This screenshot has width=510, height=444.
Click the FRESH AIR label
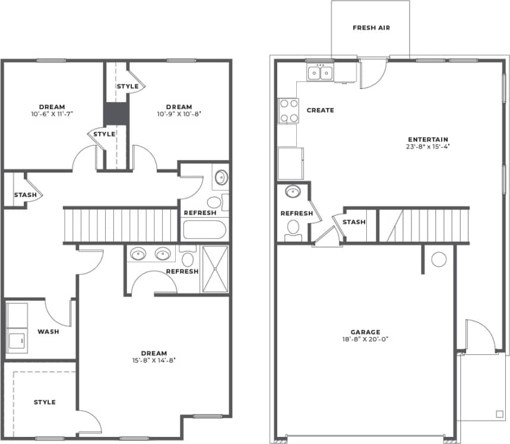(371, 28)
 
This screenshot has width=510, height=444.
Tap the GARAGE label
(365, 332)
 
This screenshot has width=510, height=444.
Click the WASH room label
(48, 331)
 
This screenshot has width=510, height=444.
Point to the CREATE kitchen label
(320, 110)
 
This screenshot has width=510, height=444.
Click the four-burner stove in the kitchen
(288, 110)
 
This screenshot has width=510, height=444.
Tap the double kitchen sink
(320, 73)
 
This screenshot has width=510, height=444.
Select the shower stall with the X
(214, 269)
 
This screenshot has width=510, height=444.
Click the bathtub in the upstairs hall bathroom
(203, 230)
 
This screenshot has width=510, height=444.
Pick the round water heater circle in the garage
(439, 259)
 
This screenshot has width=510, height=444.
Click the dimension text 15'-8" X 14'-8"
(154, 360)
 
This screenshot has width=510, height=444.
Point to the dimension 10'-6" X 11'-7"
(52, 113)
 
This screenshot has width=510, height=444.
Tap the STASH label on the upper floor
(26, 195)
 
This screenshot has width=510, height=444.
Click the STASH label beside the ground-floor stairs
(354, 222)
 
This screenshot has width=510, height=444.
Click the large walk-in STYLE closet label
(45, 402)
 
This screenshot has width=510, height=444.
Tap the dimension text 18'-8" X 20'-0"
(365, 340)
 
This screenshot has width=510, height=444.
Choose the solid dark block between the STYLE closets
(116, 113)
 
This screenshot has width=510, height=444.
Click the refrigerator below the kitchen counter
(290, 163)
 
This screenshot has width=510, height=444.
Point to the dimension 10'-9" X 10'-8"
(180, 114)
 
